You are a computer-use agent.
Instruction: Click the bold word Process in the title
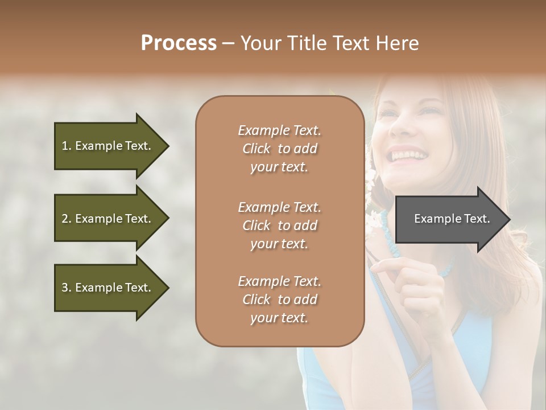[179, 43]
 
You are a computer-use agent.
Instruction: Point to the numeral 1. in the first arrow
[66, 146]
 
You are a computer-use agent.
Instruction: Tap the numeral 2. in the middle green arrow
[66, 219]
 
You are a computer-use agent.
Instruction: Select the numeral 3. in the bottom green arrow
[66, 288]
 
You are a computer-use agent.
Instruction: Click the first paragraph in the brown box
[279, 149]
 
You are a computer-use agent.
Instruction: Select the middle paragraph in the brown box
[279, 225]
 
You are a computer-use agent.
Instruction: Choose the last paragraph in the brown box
[279, 300]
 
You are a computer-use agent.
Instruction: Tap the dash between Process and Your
[228, 43]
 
